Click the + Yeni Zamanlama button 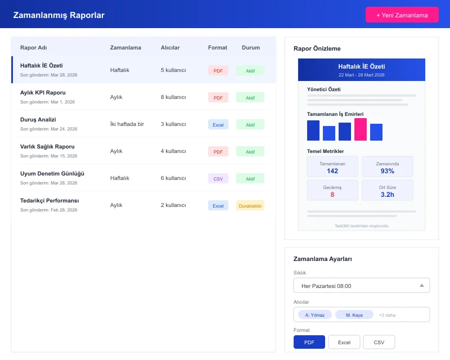pyautogui.click(x=402, y=15)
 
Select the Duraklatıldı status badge pyautogui.click(x=250, y=205)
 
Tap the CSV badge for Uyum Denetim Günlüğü pyautogui.click(x=218, y=178)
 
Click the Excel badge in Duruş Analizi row pyautogui.click(x=218, y=124)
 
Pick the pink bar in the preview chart pyautogui.click(x=361, y=129)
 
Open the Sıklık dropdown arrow pyautogui.click(x=422, y=285)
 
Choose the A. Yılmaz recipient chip pyautogui.click(x=314, y=314)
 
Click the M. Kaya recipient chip pyautogui.click(x=354, y=314)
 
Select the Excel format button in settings pyautogui.click(x=344, y=342)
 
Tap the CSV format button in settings pyautogui.click(x=379, y=342)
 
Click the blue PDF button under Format pyautogui.click(x=309, y=342)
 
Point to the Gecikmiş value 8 pyautogui.click(x=332, y=195)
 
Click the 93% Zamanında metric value pyautogui.click(x=387, y=171)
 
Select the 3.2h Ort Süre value pyautogui.click(x=387, y=195)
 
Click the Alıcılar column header pyautogui.click(x=170, y=47)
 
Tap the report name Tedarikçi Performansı pyautogui.click(x=49, y=200)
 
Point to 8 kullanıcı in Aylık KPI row pyautogui.click(x=173, y=97)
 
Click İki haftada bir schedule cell pyautogui.click(x=127, y=124)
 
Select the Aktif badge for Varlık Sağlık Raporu pyautogui.click(x=250, y=151)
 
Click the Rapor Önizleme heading pyautogui.click(x=317, y=48)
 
